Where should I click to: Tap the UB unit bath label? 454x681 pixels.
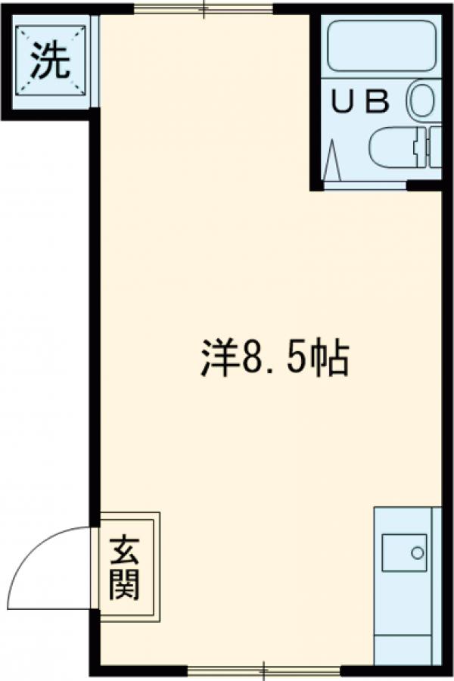coord(362,102)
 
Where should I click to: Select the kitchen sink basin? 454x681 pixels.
coord(404,553)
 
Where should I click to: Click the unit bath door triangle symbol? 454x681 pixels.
coord(333,161)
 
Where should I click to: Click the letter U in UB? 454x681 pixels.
coord(347,102)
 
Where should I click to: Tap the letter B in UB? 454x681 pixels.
coord(378,102)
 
